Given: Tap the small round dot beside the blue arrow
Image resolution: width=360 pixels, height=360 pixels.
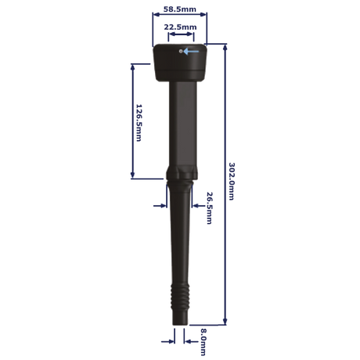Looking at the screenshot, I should (x=181, y=52).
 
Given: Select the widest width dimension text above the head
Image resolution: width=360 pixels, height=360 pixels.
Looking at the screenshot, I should (x=180, y=9).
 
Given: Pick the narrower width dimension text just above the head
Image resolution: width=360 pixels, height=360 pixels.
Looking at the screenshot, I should (x=180, y=27).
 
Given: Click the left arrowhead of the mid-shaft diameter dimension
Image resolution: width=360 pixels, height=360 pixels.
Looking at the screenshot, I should (x=161, y=205).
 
